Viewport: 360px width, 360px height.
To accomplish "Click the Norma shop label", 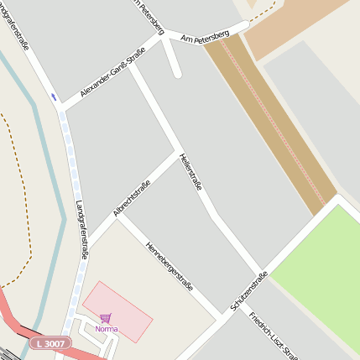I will (x=107, y=329).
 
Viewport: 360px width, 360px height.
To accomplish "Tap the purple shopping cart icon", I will (x=105, y=319).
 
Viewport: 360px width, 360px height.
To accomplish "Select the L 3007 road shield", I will (x=50, y=343).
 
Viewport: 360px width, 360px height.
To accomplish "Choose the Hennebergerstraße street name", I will (x=170, y=268).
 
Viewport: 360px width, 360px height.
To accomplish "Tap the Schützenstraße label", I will (x=249, y=291).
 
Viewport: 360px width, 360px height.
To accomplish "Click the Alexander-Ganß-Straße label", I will (x=112, y=76).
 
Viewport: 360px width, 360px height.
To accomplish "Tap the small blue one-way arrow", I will (x=55, y=98).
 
